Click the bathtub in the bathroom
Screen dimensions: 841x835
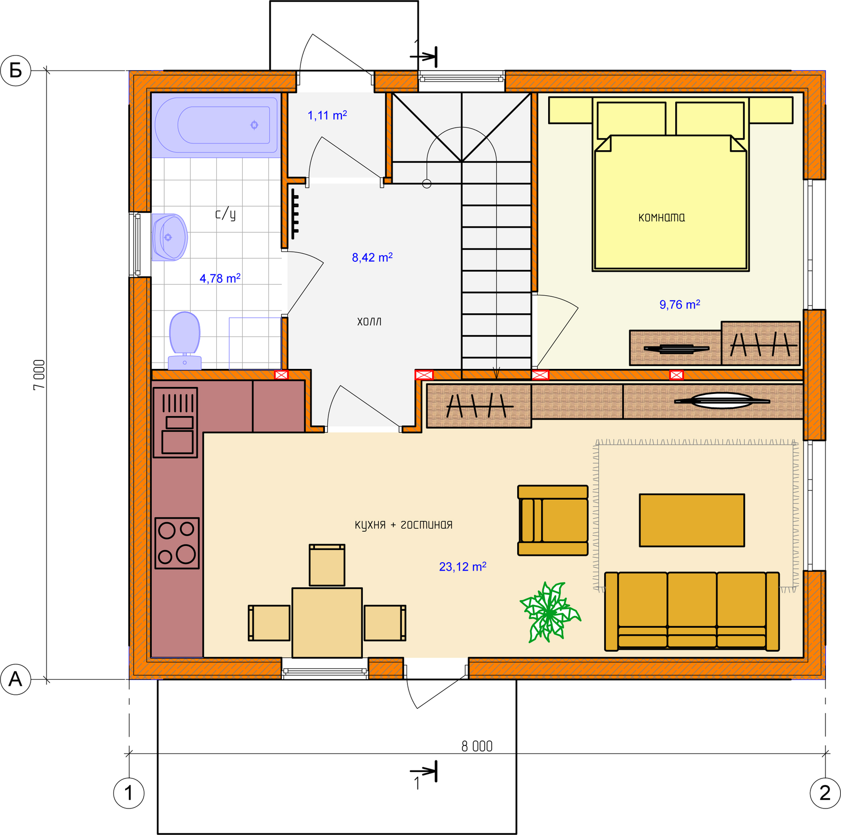216,125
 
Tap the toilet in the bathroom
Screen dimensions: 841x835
185,340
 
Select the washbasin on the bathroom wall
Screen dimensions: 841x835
169,237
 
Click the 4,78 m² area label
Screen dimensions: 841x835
220,278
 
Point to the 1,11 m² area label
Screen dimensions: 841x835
327,116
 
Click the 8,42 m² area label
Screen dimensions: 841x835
372,257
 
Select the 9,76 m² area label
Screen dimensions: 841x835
680,304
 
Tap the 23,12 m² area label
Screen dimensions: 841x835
463,567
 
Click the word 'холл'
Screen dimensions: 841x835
369,321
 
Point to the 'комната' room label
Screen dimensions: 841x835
662,217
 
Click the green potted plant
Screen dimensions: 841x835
550,612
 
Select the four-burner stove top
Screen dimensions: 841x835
177,543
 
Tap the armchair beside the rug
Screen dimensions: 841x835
553,520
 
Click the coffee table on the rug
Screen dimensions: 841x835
692,520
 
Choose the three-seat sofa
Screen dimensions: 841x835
692,611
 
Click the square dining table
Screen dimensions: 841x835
327,623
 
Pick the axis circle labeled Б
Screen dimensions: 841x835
16,71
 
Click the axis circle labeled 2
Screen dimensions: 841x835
825,793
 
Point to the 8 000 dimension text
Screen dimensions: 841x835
477,746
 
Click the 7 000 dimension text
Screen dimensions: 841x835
39,375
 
